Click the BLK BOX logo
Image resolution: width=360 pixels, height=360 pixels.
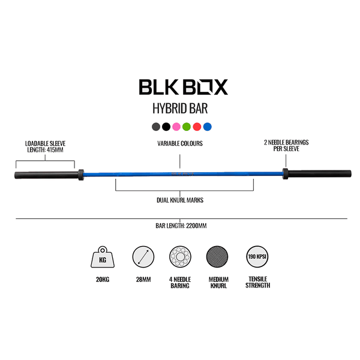pyautogui.click(x=183, y=88)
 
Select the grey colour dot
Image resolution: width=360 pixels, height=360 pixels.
pyautogui.click(x=156, y=127)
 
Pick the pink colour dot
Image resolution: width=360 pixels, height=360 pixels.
pyautogui.click(x=176, y=127)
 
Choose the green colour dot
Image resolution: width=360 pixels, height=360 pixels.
pyautogui.click(x=187, y=127)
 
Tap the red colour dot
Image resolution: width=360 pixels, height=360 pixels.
pyautogui.click(x=197, y=127)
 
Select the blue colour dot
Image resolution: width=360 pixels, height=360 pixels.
pyautogui.click(x=207, y=127)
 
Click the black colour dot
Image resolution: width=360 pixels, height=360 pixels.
pyautogui.click(x=166, y=127)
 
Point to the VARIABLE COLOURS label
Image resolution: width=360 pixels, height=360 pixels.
pyautogui.click(x=180, y=144)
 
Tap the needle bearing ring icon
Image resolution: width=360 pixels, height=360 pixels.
pyautogui.click(x=180, y=259)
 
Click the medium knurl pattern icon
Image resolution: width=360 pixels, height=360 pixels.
pyautogui.click(x=218, y=259)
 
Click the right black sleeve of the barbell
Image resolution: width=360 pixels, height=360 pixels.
pyautogui.click(x=318, y=175)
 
